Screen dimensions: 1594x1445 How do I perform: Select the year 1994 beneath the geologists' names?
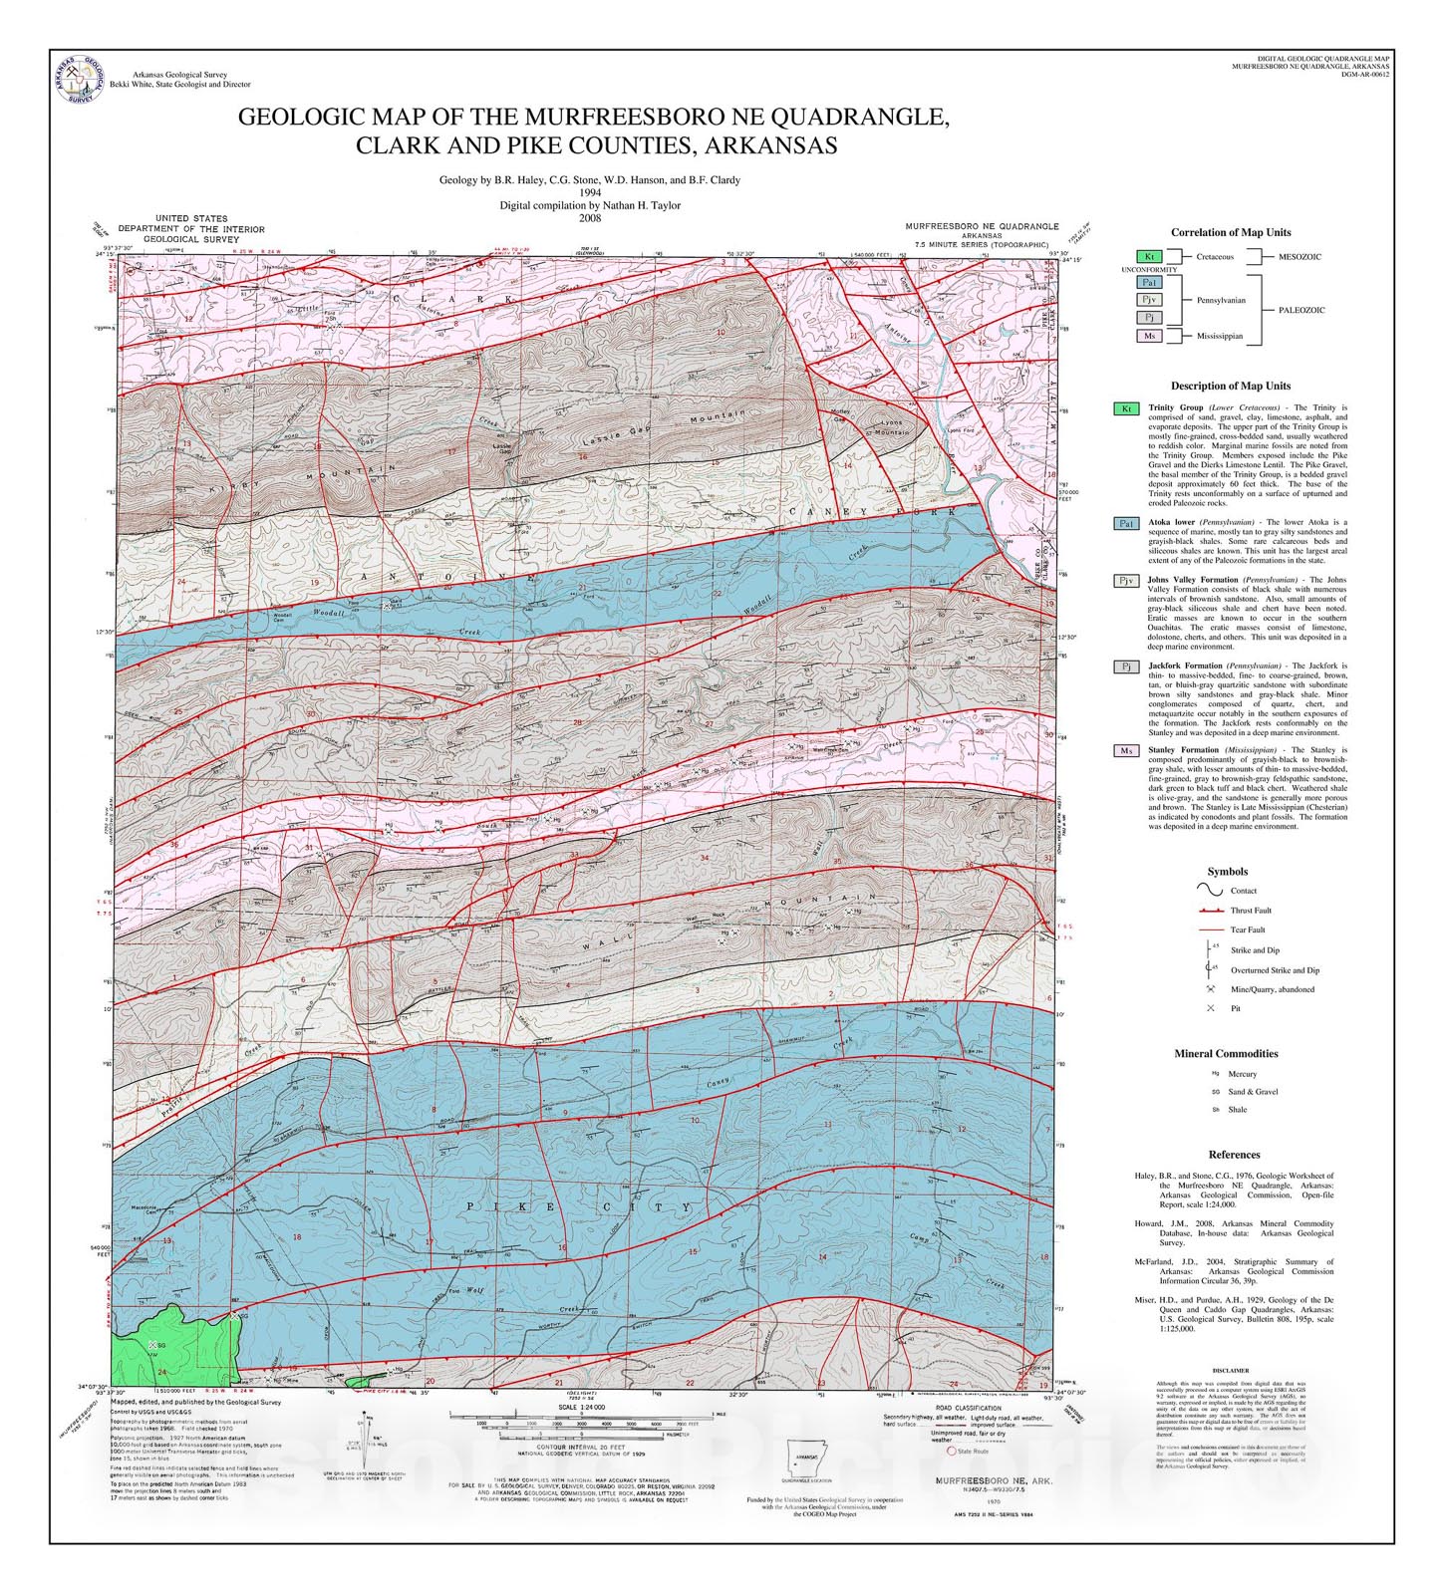(x=590, y=192)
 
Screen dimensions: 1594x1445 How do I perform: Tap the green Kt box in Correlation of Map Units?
(x=1149, y=257)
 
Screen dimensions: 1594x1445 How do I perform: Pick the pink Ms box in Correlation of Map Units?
(x=1149, y=336)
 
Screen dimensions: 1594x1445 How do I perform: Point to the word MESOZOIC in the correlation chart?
(x=1300, y=257)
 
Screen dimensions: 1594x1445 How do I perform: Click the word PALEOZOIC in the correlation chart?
(x=1301, y=310)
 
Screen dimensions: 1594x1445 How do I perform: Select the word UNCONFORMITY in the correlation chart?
(x=1149, y=270)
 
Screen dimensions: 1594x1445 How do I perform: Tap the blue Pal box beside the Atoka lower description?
(x=1126, y=523)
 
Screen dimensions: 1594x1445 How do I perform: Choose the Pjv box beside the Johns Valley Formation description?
(x=1126, y=580)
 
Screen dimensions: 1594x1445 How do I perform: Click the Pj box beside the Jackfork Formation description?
(x=1126, y=666)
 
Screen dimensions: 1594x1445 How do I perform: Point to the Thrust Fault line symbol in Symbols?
(x=1211, y=911)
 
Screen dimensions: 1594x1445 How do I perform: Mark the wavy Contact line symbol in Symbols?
(x=1210, y=890)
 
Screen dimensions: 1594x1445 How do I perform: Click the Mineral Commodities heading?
(x=1225, y=1053)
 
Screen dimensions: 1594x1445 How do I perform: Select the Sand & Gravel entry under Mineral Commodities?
(x=1253, y=1092)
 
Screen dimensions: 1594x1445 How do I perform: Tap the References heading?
(x=1234, y=1155)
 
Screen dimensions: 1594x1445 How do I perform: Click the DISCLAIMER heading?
(x=1231, y=1371)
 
